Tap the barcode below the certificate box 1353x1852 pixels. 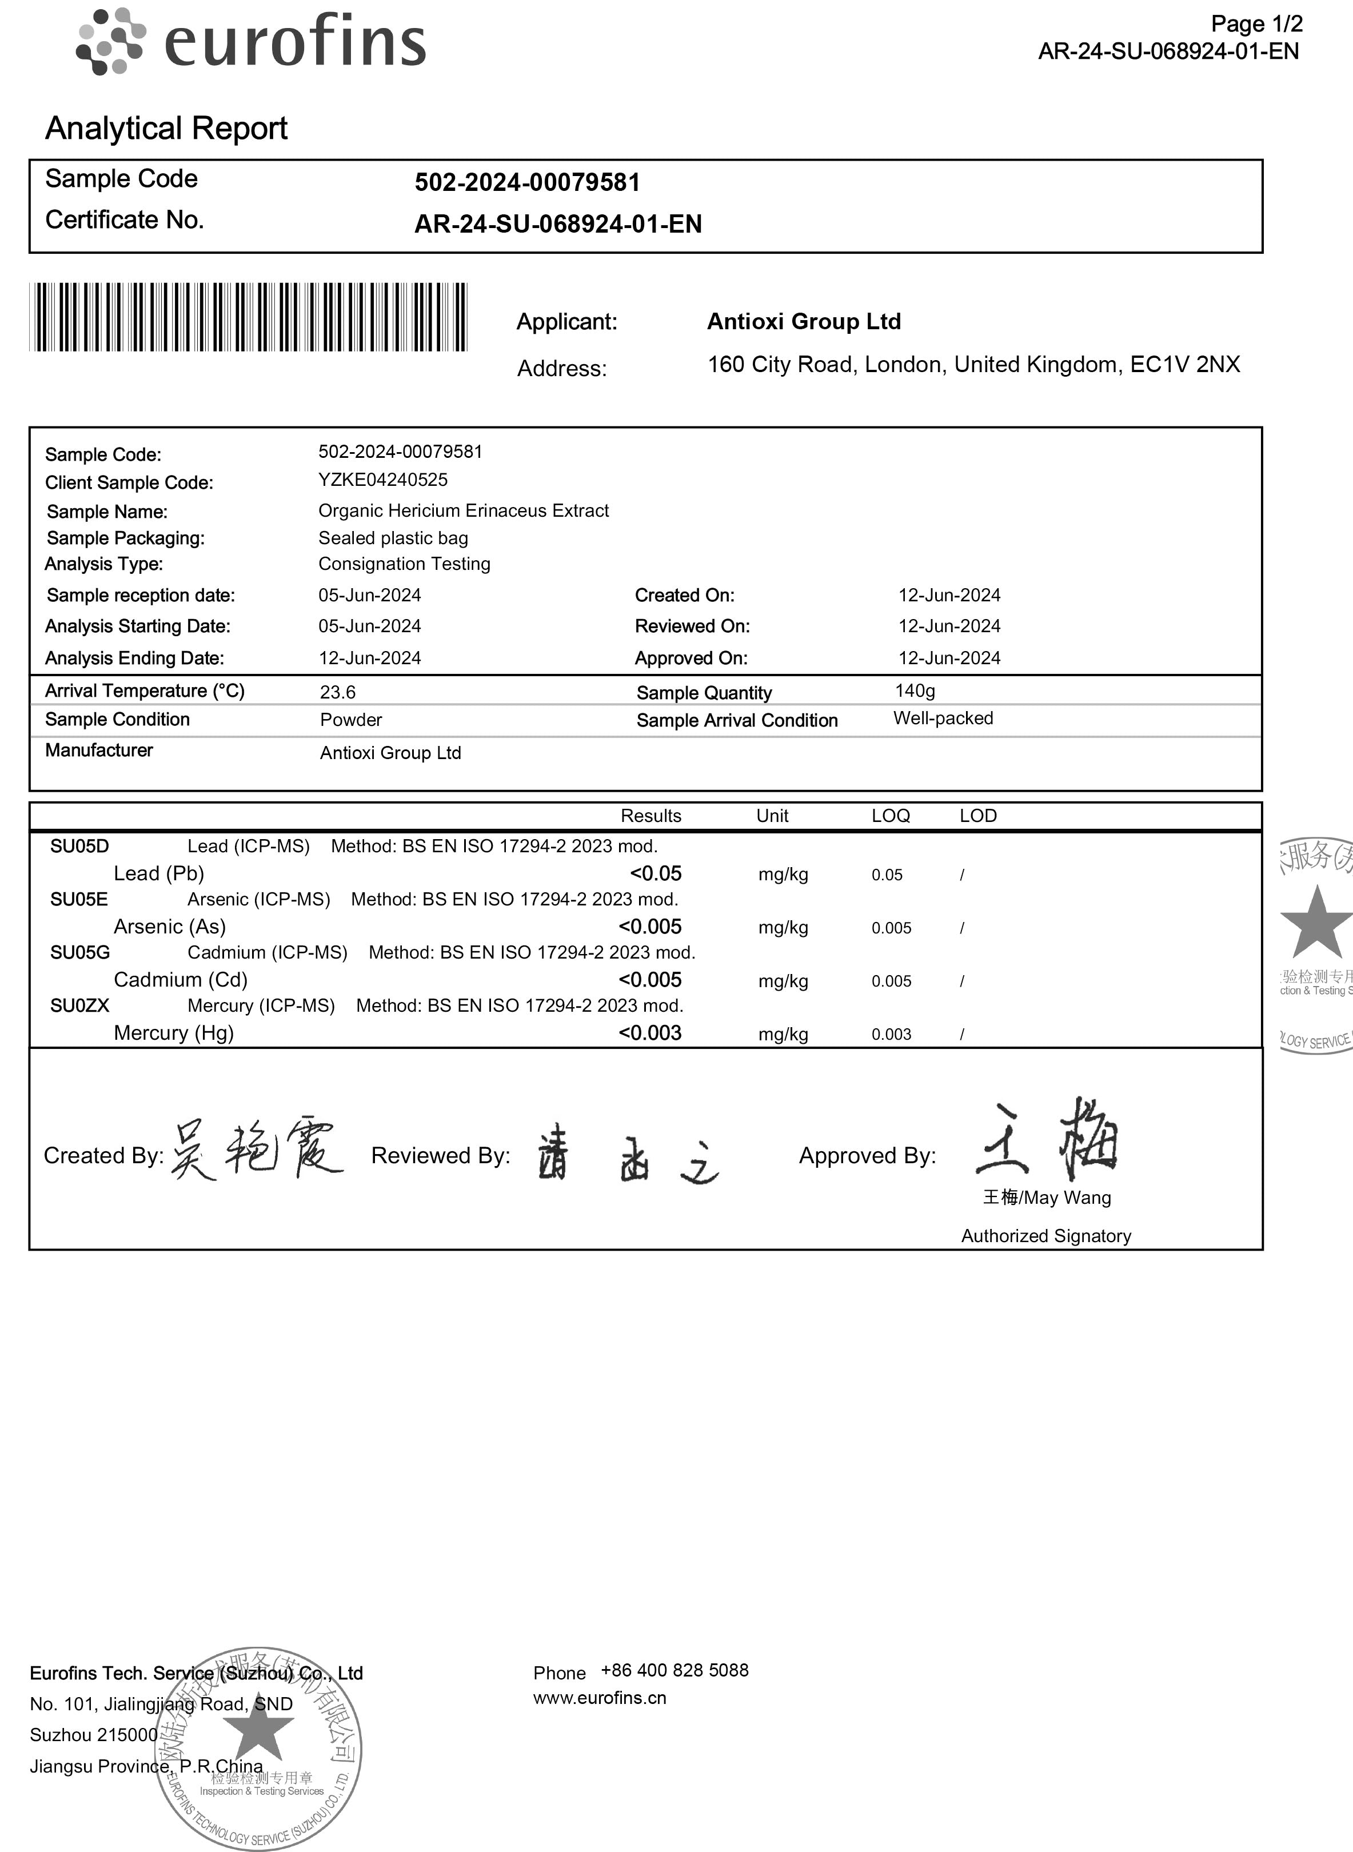coord(248,317)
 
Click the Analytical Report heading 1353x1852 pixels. coord(166,129)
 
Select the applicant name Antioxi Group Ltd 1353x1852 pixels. coord(804,321)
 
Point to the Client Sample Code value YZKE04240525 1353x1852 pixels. coord(382,480)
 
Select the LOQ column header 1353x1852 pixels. coord(890,816)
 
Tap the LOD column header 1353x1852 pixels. coord(978,816)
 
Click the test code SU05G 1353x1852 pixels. coord(79,953)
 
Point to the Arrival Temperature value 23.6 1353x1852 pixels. coord(337,692)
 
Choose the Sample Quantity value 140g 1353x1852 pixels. coord(915,690)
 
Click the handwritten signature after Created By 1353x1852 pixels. coord(256,1148)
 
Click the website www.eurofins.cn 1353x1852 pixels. coord(600,1698)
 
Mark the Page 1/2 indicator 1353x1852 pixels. coord(1256,24)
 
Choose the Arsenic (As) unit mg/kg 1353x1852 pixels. coord(783,928)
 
